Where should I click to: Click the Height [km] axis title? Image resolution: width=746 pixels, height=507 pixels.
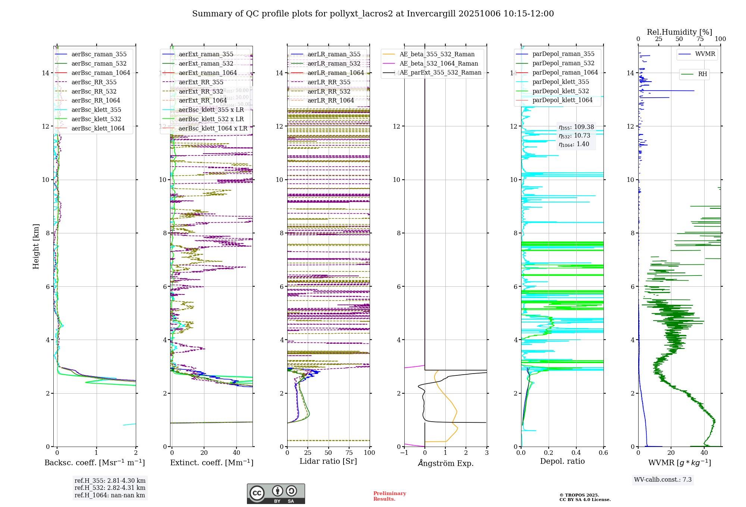tap(36, 246)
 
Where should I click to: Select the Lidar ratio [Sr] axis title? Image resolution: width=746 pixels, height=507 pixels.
tap(328, 462)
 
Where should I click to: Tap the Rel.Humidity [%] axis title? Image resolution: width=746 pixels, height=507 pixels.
tap(679, 32)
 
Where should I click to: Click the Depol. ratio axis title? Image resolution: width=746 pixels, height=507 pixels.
tap(562, 462)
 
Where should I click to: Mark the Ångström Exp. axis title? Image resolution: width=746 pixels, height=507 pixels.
tap(445, 463)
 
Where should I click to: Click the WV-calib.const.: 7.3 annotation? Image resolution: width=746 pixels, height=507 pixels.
tap(662, 480)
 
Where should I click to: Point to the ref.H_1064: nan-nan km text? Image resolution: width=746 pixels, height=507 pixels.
tap(110, 495)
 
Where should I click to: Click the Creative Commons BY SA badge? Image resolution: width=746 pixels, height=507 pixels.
tap(276, 494)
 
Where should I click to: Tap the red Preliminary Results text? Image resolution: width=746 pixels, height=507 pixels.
tap(389, 496)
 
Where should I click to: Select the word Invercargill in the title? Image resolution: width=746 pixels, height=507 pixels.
tap(431, 14)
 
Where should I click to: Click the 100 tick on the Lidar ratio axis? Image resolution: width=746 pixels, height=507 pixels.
tap(369, 453)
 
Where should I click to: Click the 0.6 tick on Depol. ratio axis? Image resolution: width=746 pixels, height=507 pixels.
tap(603, 453)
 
